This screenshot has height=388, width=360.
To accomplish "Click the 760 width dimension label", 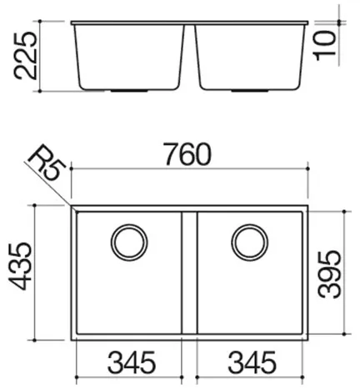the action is pyautogui.click(x=187, y=154).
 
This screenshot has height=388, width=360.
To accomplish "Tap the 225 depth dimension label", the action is pyautogui.click(x=25, y=56).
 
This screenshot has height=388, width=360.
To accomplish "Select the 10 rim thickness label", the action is pyautogui.click(x=325, y=46).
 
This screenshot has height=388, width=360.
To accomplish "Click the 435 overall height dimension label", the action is pyautogui.click(x=19, y=266).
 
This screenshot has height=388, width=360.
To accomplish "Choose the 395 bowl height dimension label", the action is pyautogui.click(x=329, y=275).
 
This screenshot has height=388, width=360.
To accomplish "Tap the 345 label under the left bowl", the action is pyautogui.click(x=132, y=362).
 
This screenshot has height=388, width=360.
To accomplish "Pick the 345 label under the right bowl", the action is pyautogui.click(x=252, y=362).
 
